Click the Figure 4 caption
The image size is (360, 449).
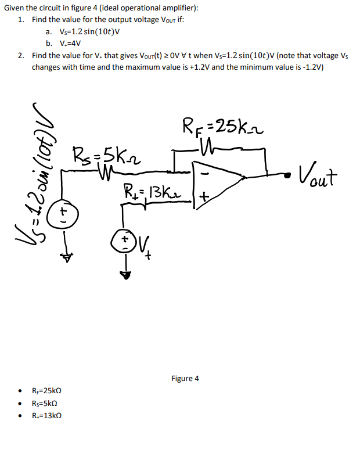185,378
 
